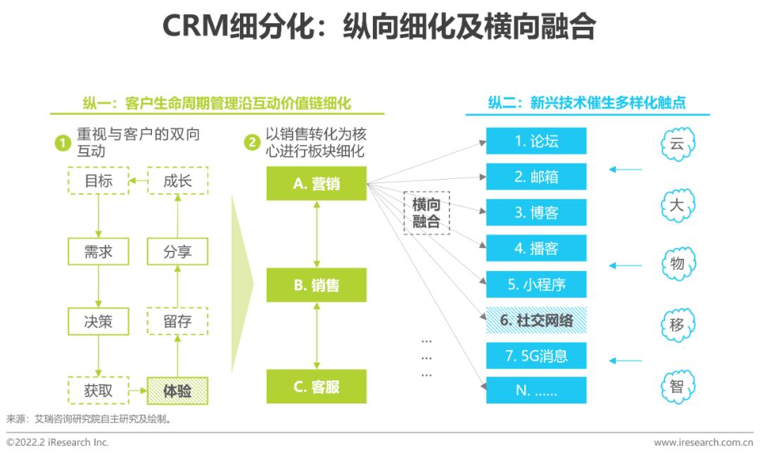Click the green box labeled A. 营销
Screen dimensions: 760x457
[x=317, y=183]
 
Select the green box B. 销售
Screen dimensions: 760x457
[x=317, y=284]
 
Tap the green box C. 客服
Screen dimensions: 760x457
[x=317, y=387]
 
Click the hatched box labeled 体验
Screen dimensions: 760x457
[x=177, y=391]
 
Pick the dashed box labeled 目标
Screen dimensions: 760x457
[x=99, y=180]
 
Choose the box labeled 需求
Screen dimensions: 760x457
[x=99, y=251]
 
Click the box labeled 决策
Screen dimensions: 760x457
[x=99, y=321]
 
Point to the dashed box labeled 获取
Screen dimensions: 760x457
[x=99, y=391]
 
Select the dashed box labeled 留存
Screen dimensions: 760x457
[x=177, y=321]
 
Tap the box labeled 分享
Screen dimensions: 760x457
[x=177, y=251]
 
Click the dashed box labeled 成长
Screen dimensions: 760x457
[x=177, y=180]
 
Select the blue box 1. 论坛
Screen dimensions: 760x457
[x=536, y=141]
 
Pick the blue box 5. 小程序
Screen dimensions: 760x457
[x=536, y=284]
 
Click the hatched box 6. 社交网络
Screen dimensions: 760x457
[x=536, y=320]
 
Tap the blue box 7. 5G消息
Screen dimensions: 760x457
[x=536, y=356]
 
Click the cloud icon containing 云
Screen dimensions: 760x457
[x=678, y=144]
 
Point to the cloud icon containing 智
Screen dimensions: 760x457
[x=678, y=386]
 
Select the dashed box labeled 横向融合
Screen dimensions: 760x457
[x=426, y=213]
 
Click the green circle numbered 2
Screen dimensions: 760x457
[x=252, y=143]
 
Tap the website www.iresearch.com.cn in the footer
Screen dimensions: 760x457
[x=703, y=442]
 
